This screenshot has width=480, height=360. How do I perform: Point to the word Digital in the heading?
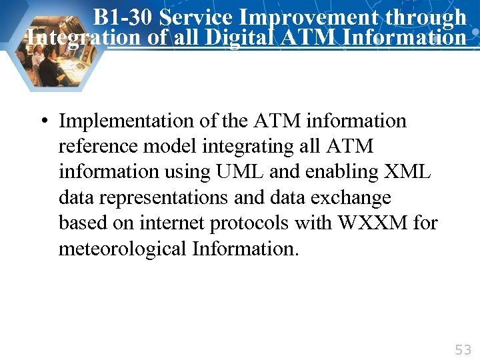click(x=239, y=37)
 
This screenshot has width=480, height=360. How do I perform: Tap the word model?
click(x=163, y=147)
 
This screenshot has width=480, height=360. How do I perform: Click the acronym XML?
click(x=408, y=172)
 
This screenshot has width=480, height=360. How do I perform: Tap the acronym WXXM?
click(x=371, y=223)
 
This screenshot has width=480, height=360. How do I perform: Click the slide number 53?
click(x=462, y=349)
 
